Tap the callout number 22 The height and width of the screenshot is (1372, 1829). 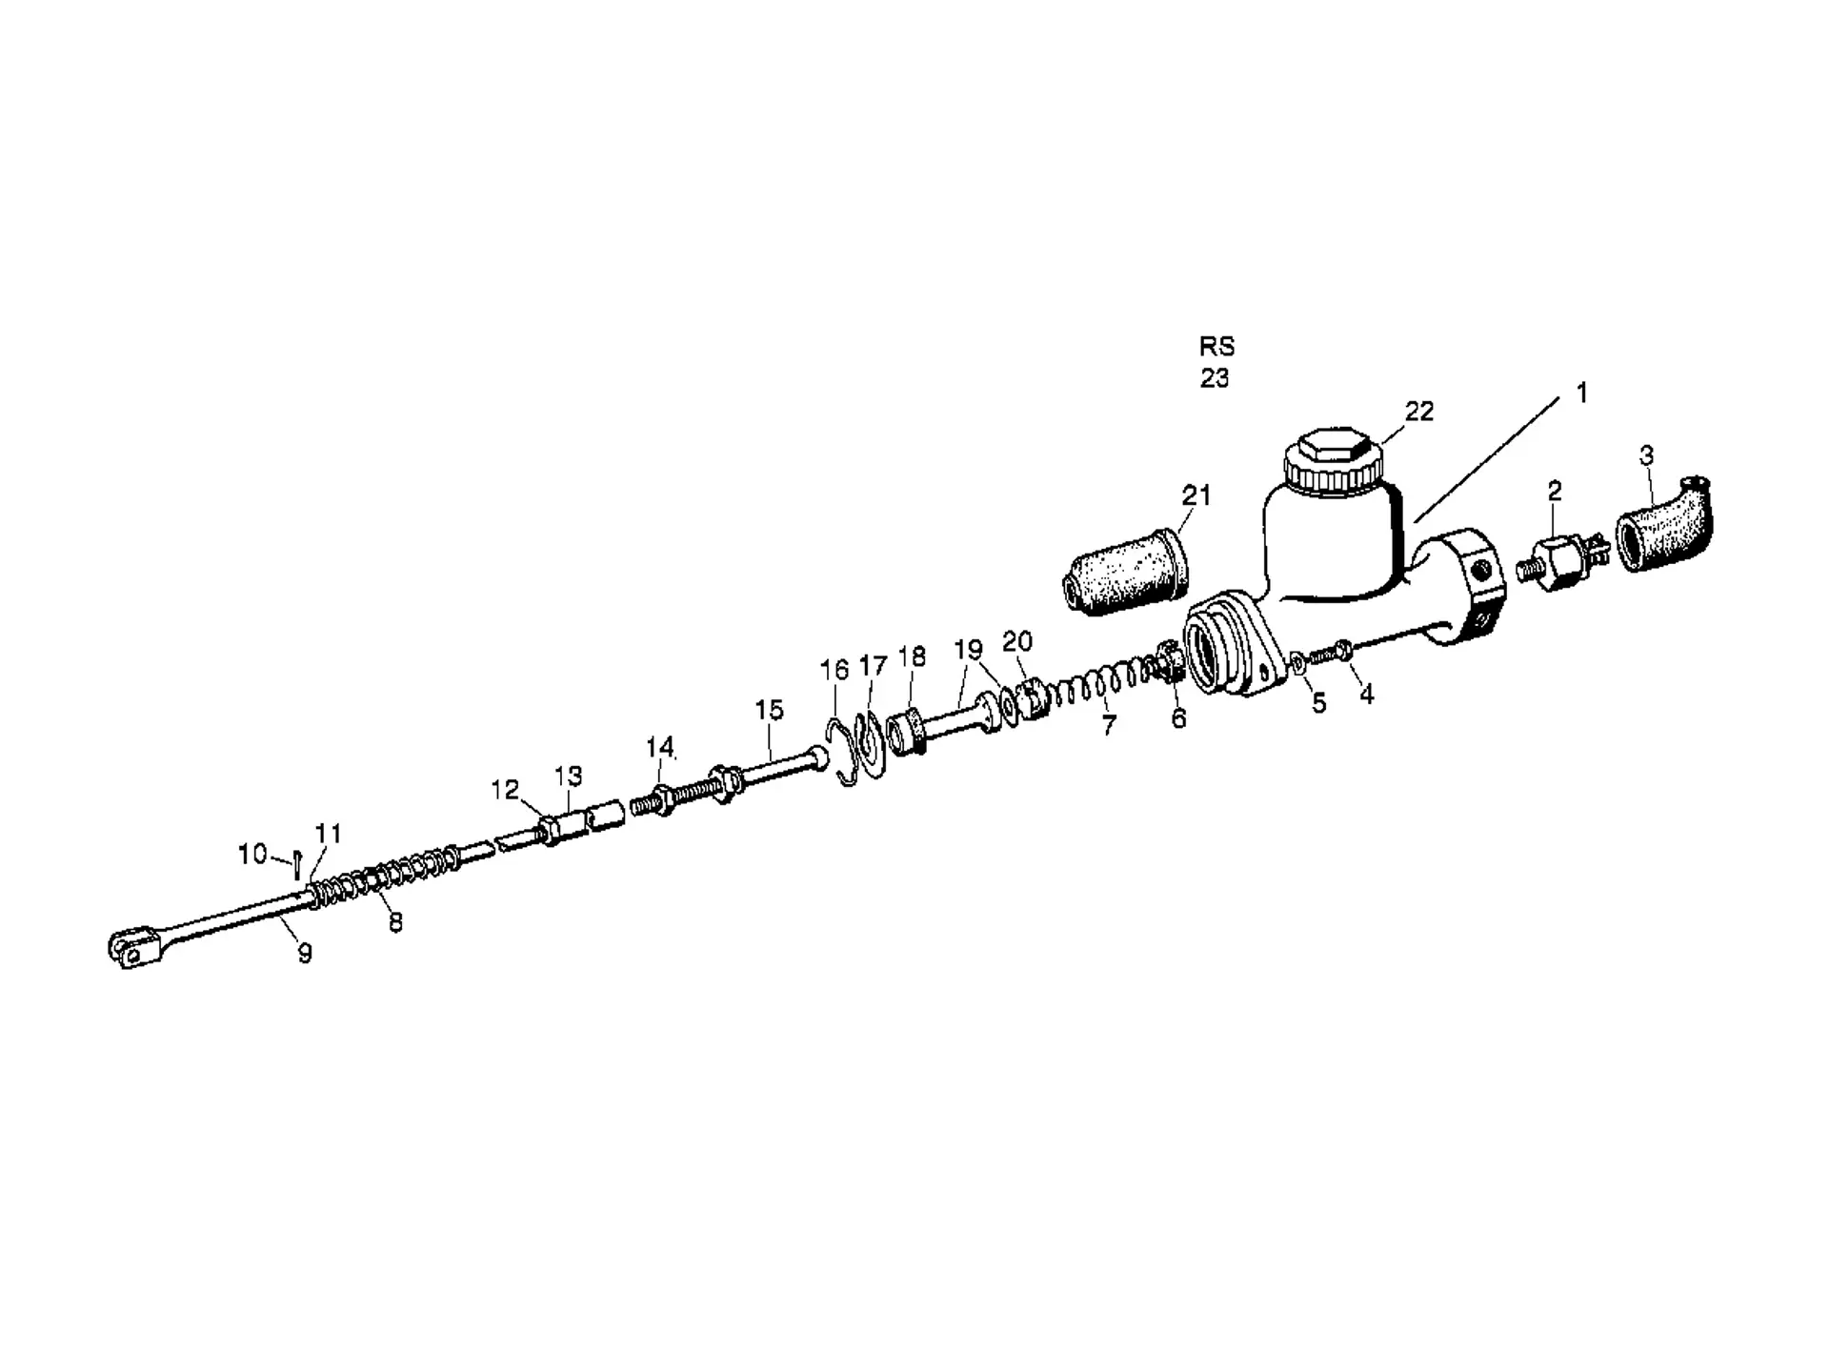point(1418,411)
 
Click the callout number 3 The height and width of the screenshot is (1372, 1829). point(1647,455)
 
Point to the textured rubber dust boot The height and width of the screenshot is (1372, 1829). point(1124,571)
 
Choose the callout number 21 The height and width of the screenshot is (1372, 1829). point(1196,495)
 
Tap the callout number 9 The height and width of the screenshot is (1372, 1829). point(305,953)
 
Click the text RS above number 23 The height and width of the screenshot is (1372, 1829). point(1216,346)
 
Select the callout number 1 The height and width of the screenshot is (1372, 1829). point(1582,393)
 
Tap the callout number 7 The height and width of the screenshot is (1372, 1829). point(1108,725)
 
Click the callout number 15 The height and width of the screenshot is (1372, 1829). point(770,710)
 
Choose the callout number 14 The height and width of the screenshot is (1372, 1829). point(660,747)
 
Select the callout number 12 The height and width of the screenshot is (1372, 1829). point(505,790)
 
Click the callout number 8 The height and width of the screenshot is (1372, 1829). point(395,922)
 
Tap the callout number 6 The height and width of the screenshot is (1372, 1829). point(1179,719)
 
